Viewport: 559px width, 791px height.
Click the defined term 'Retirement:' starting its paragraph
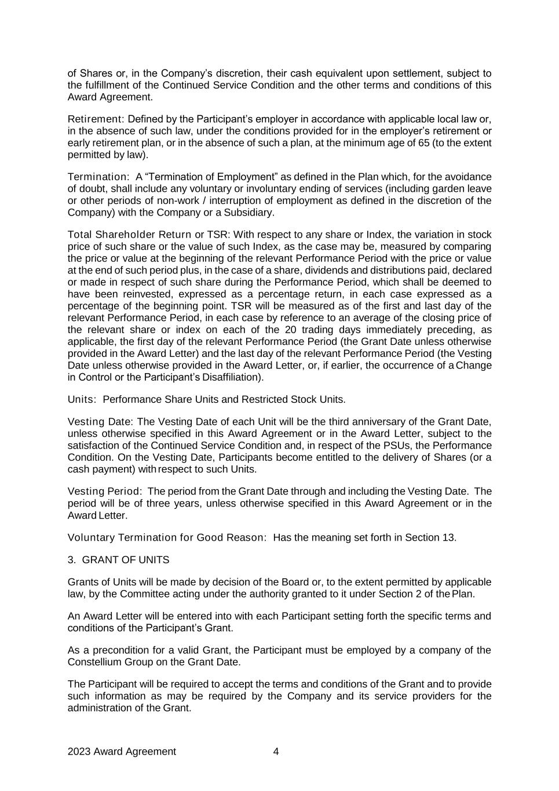96,119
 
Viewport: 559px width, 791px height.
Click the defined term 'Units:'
82,399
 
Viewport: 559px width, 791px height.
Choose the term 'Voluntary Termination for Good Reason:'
167,537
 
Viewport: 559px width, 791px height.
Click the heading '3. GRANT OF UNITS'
118,560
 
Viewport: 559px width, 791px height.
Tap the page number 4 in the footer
276,752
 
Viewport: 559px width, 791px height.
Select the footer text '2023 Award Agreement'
122,752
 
